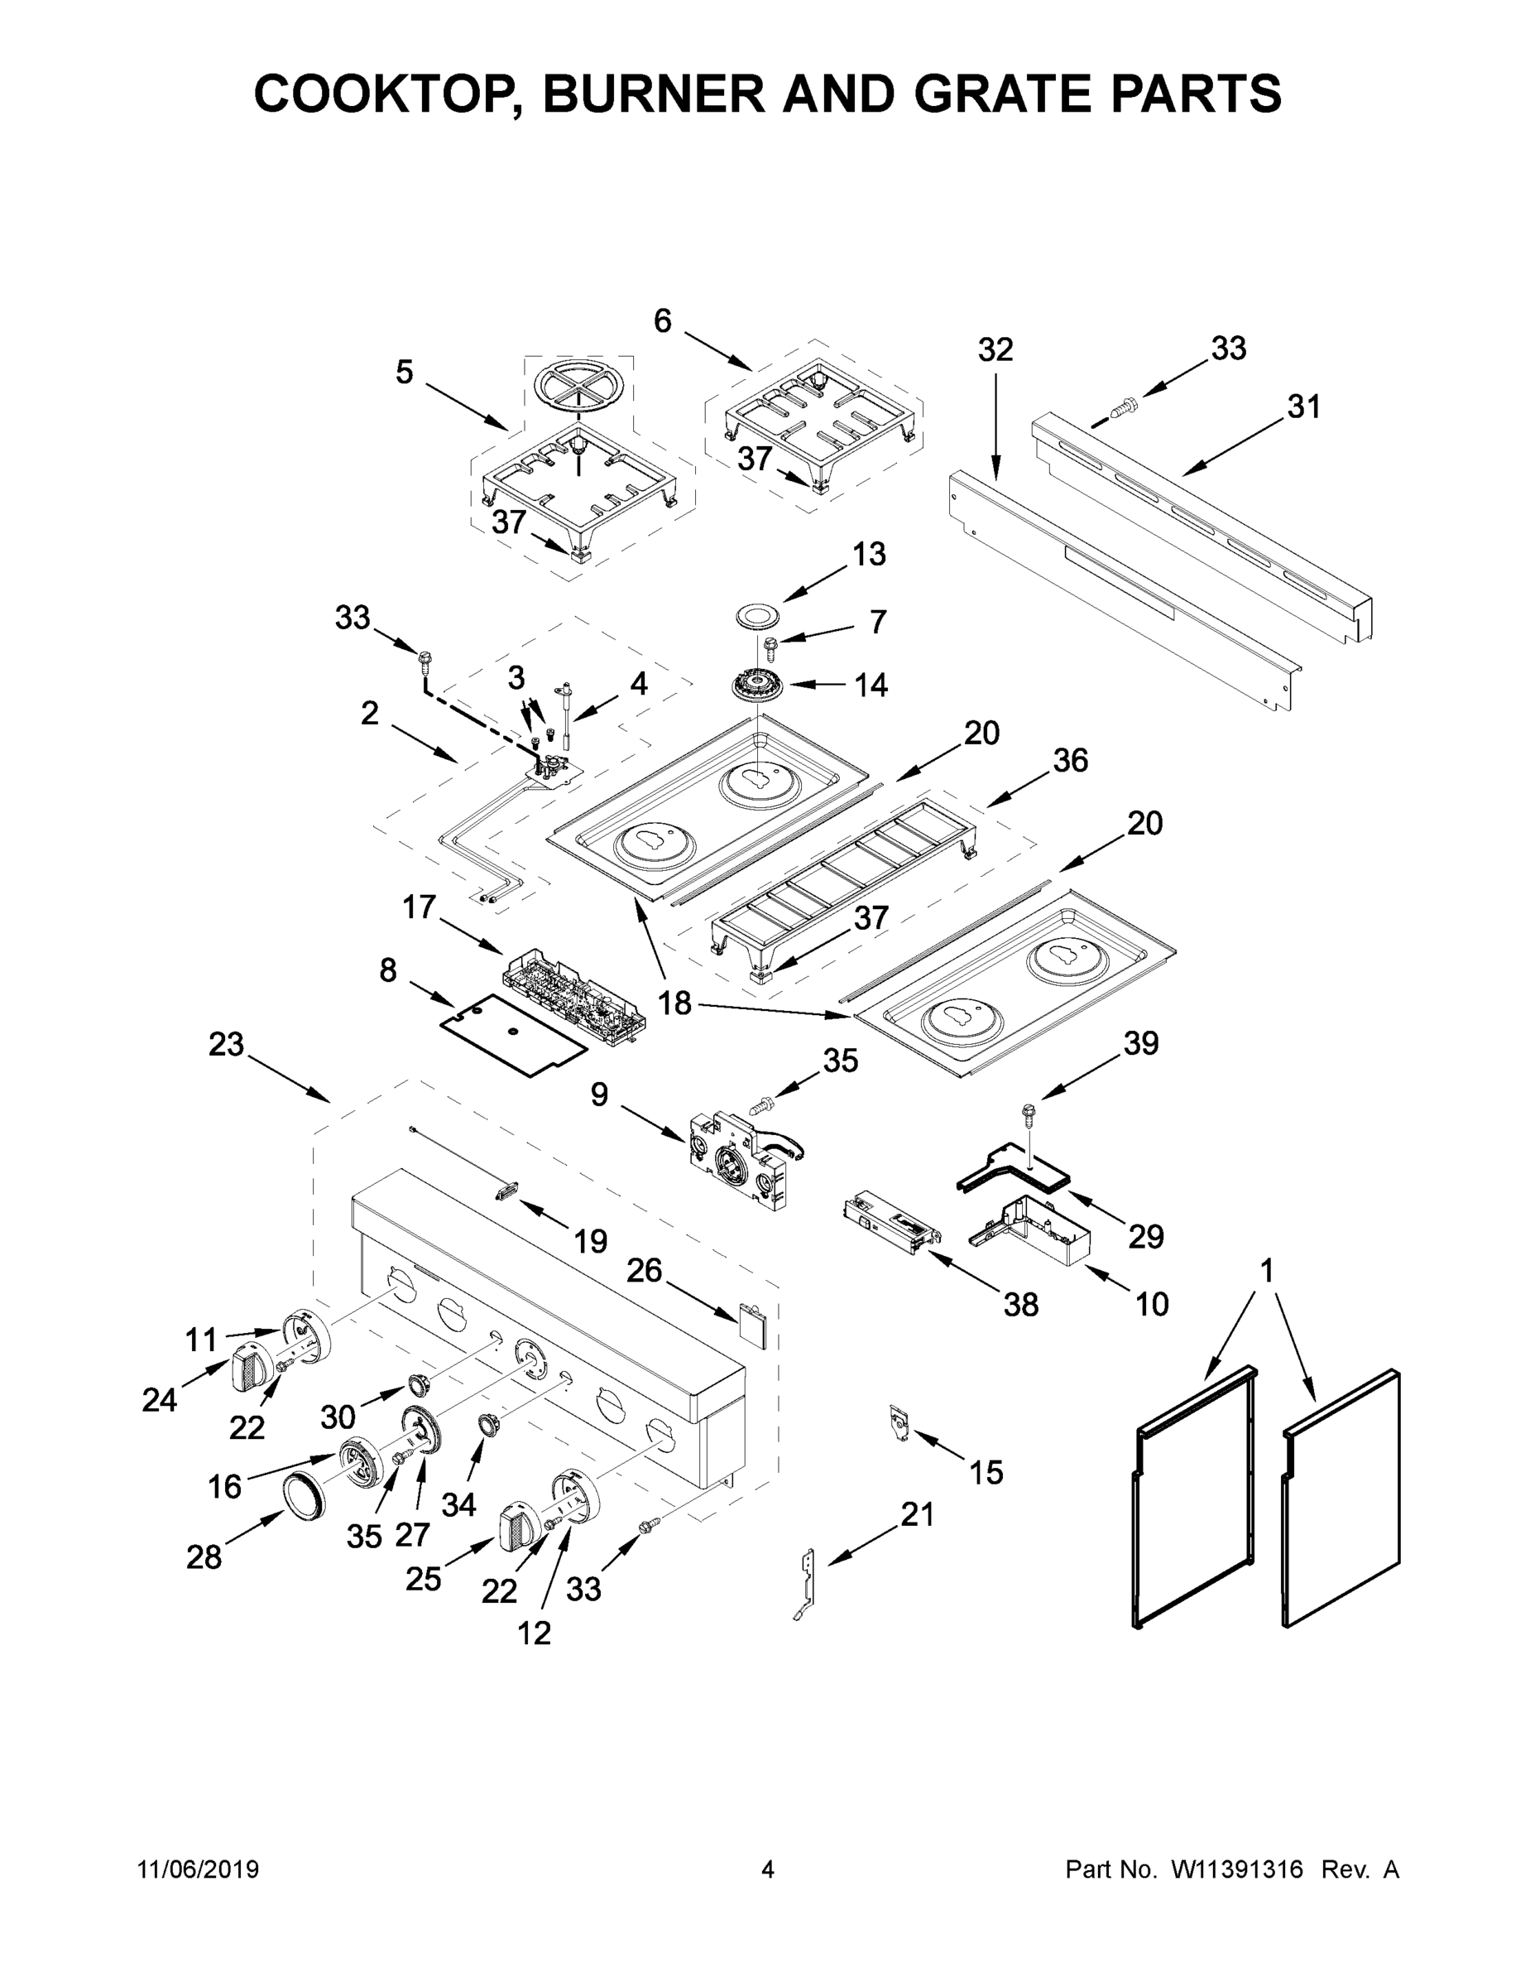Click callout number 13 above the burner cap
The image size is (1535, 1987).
[x=868, y=554]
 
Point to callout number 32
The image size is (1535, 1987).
[x=995, y=349]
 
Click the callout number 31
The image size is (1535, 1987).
[x=1303, y=407]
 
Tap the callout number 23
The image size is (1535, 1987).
[x=227, y=1045]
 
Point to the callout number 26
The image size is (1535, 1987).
[x=644, y=1270]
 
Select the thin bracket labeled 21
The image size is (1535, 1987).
[x=806, y=1585]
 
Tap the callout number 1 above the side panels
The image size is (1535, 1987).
[x=1267, y=1270]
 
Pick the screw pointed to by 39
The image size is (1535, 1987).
[x=1029, y=1111]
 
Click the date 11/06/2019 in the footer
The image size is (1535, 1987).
[x=199, y=1869]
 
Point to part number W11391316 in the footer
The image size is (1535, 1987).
[x=1237, y=1869]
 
